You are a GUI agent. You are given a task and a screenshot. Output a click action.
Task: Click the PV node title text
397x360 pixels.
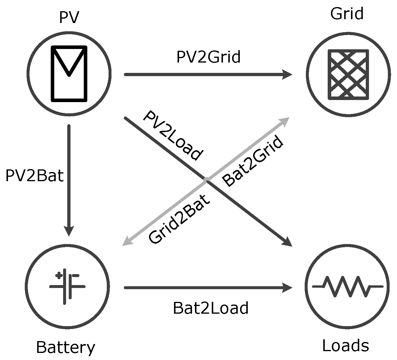(x=69, y=17)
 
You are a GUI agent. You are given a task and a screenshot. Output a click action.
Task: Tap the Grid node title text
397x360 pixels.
(x=347, y=14)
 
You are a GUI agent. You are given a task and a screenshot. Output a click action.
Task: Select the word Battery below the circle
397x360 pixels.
(x=65, y=348)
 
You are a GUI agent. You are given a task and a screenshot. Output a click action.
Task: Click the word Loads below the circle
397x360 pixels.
(x=345, y=346)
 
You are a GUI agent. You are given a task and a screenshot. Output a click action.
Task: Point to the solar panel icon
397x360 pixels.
(x=69, y=73)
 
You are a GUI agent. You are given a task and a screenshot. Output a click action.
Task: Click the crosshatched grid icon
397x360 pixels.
(x=349, y=74)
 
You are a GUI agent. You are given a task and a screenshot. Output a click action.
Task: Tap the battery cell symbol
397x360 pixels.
(x=67, y=287)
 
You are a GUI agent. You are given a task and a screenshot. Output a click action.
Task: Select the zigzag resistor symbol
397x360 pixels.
(x=347, y=287)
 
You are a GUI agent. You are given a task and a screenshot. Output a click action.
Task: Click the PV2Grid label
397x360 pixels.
(x=208, y=57)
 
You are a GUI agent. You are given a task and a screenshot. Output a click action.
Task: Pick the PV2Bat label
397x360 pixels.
(x=35, y=176)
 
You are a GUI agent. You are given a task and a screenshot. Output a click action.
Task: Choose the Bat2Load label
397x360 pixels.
(x=211, y=308)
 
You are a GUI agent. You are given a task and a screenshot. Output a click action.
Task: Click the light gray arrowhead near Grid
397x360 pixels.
(x=284, y=121)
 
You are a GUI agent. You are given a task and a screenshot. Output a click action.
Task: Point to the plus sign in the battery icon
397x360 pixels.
(x=59, y=276)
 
